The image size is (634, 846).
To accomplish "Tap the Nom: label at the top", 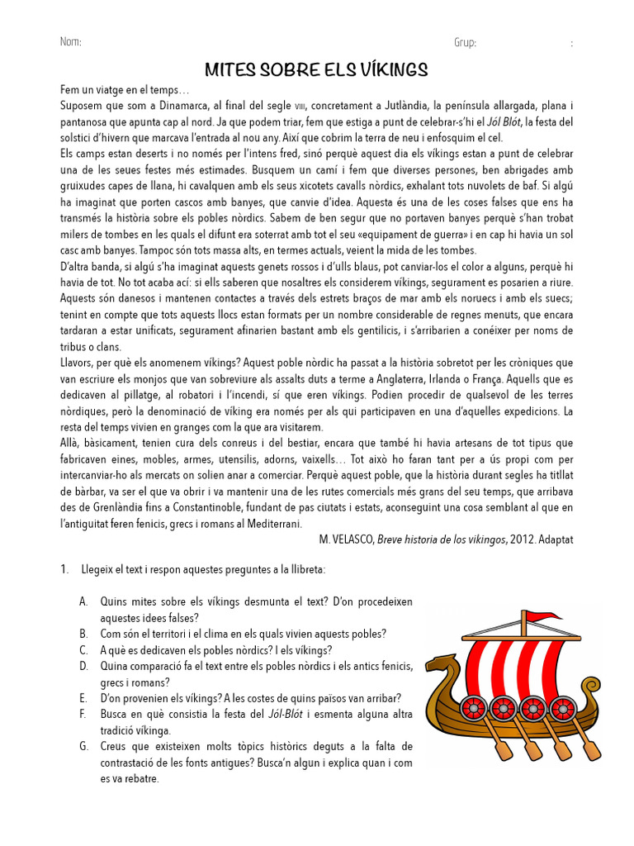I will [x=71, y=43].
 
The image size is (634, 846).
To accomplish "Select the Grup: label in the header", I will [x=465, y=43].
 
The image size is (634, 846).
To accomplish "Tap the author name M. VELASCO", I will [x=346, y=539].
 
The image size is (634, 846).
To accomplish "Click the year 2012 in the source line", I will [x=519, y=539].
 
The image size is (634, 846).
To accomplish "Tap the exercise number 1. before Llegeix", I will [x=64, y=570].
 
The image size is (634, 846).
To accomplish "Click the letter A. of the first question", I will [x=83, y=601].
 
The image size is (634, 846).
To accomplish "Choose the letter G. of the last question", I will [x=83, y=746].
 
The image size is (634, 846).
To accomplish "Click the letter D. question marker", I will [x=83, y=666].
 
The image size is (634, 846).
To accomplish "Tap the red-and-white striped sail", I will [x=511, y=662].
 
